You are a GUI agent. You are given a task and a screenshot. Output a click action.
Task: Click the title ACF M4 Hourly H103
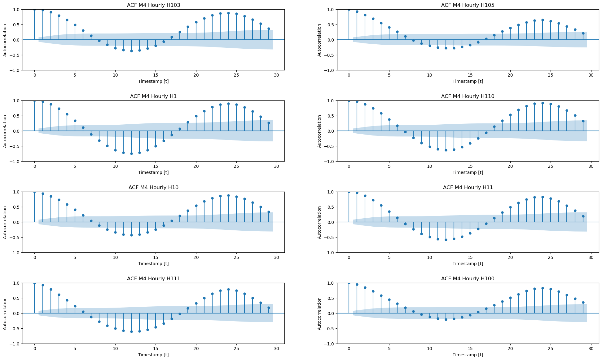click(153, 5)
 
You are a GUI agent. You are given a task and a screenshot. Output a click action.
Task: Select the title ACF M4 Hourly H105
click(468, 5)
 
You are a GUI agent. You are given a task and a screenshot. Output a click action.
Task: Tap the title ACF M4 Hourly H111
click(153, 279)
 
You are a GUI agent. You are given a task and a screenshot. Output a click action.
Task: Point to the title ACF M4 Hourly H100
click(468, 279)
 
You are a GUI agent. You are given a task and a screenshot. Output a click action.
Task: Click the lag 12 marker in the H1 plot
click(131, 153)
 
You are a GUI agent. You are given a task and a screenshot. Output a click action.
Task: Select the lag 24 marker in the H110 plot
click(543, 103)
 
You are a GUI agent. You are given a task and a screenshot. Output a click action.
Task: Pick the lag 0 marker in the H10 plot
click(34, 192)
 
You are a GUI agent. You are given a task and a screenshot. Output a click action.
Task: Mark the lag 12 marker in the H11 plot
click(446, 240)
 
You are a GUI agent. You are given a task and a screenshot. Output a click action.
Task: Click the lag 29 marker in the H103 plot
click(269, 29)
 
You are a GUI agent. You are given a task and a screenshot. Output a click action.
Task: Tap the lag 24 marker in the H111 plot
click(228, 289)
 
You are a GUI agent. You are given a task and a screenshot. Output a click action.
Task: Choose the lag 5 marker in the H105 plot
click(389, 27)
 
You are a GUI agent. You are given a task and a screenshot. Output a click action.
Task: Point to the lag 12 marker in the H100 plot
click(446, 319)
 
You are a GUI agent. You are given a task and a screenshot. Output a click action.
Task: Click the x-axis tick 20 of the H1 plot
click(196, 166)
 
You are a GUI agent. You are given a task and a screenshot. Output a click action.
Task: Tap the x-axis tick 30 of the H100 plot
click(591, 349)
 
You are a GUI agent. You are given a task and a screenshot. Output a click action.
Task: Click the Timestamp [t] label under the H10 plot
click(153, 264)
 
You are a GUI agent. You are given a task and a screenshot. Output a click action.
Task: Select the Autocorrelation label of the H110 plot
click(319, 131)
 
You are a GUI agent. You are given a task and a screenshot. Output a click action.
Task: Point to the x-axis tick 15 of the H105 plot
click(470, 75)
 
